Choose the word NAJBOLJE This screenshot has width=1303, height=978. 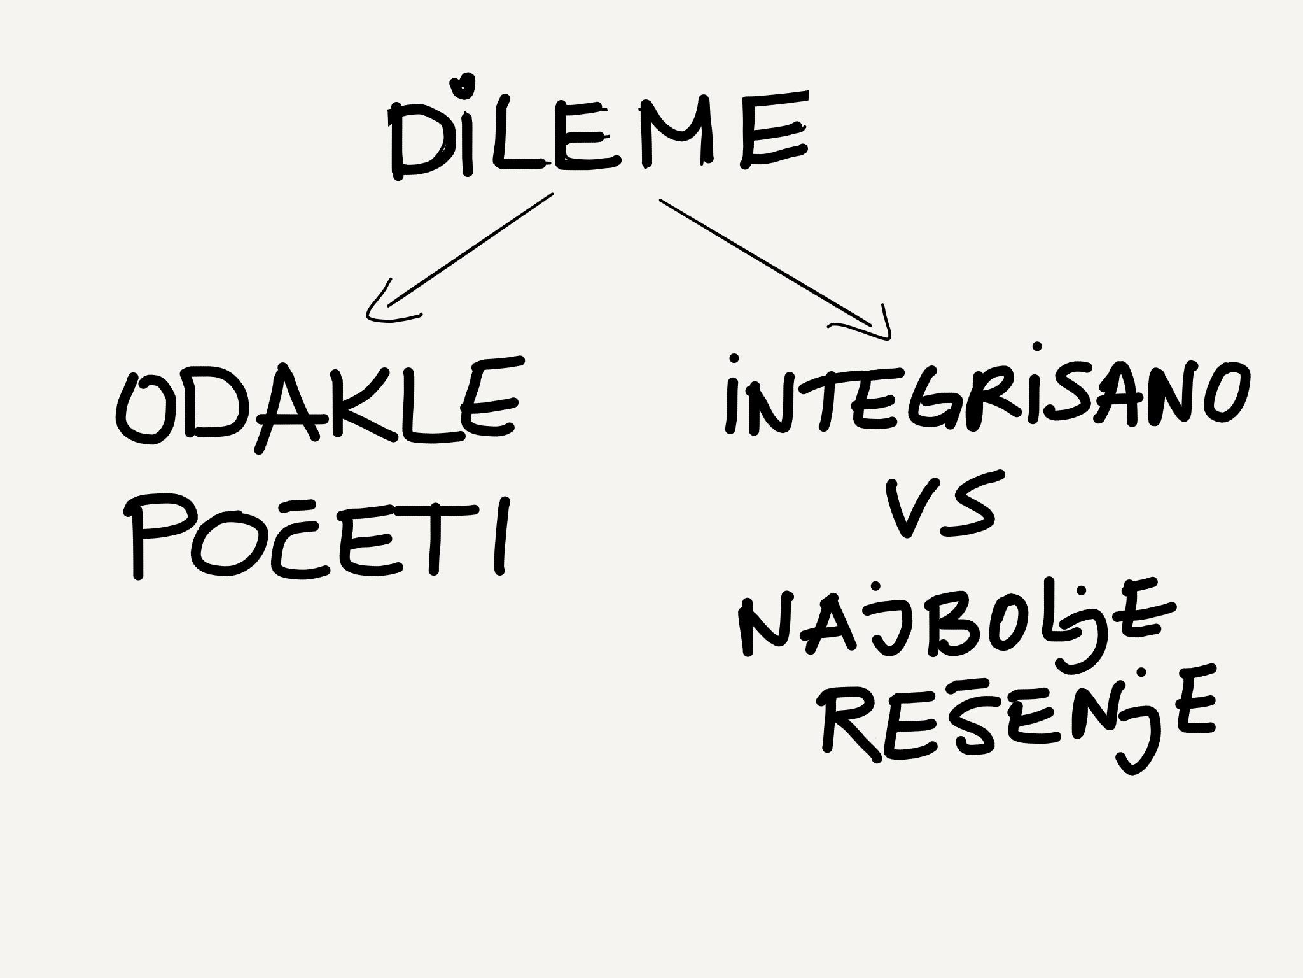click(x=954, y=621)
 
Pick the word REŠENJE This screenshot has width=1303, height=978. click(x=1018, y=716)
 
